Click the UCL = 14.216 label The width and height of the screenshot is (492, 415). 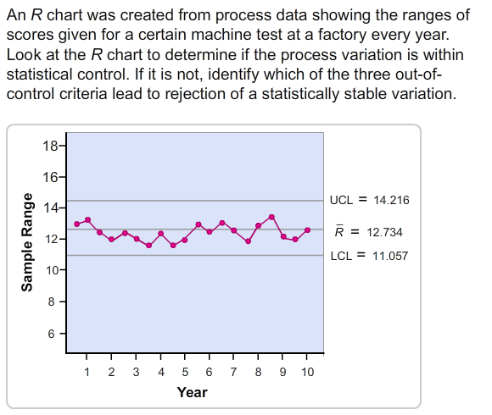[x=369, y=201]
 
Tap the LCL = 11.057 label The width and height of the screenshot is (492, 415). [x=369, y=255]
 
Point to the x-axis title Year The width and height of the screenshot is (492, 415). [x=193, y=392]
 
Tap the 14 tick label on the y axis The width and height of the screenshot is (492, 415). [x=51, y=207]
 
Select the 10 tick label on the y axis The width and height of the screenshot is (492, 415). [x=51, y=270]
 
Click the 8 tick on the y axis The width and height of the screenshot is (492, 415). [x=53, y=302]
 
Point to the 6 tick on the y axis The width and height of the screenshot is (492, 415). [x=53, y=333]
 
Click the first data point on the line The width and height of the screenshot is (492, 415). [x=76, y=224]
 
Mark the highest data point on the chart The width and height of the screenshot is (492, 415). [x=271, y=217]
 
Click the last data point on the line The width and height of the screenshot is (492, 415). [x=308, y=230]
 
